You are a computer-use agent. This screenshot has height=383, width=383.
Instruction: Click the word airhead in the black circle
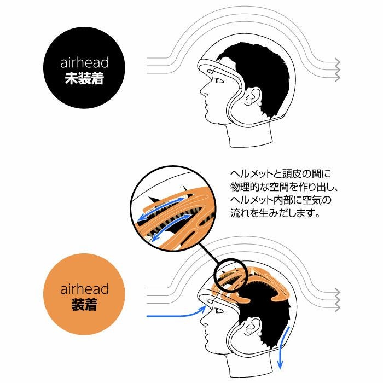[84, 62]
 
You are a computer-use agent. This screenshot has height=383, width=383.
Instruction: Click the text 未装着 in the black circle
[84, 78]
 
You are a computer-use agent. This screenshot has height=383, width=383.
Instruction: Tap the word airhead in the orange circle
[84, 289]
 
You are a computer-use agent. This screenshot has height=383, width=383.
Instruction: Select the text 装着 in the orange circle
[84, 305]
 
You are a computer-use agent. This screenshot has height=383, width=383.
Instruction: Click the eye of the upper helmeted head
[219, 80]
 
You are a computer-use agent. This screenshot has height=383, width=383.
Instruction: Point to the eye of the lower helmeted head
[219, 311]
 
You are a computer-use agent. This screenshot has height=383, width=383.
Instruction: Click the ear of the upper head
[253, 97]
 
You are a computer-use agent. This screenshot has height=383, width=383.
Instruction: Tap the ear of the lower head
[253, 327]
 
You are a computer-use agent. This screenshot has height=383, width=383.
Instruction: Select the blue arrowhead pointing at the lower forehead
[203, 309]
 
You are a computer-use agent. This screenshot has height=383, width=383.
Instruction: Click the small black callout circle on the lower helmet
[231, 276]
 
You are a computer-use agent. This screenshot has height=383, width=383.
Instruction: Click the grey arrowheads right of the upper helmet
[337, 69]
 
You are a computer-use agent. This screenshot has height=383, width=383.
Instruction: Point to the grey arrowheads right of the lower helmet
[337, 300]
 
